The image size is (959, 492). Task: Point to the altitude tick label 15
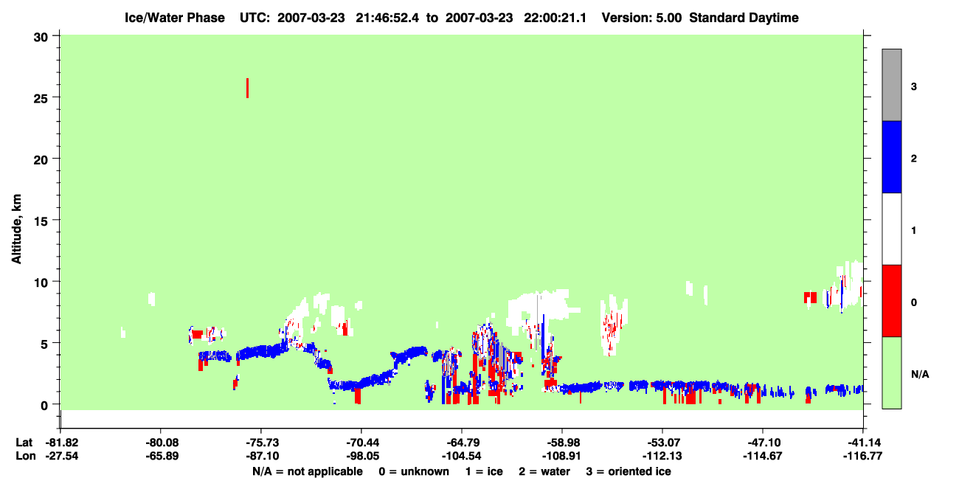[41, 221]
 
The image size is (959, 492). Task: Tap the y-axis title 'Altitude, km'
[16, 229]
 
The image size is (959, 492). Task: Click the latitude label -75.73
[261, 443]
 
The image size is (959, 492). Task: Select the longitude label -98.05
[361, 456]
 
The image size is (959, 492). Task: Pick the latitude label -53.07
[662, 443]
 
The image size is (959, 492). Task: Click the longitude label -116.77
[862, 456]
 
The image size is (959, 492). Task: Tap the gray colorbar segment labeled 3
[892, 85]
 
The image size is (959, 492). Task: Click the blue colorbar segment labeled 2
[892, 156]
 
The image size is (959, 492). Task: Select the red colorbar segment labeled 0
[892, 301]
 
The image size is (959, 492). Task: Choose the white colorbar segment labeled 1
[892, 229]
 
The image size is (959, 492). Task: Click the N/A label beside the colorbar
[920, 375]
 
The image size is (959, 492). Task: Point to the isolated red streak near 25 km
[247, 88]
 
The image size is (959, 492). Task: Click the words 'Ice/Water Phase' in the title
[175, 18]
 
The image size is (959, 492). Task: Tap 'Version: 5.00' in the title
[641, 18]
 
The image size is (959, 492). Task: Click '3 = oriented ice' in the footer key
[629, 471]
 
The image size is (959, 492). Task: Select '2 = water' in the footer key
[544, 471]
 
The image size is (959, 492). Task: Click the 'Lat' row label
[24, 443]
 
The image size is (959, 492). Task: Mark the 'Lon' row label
[26, 456]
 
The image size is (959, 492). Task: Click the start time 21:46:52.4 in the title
[387, 18]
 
